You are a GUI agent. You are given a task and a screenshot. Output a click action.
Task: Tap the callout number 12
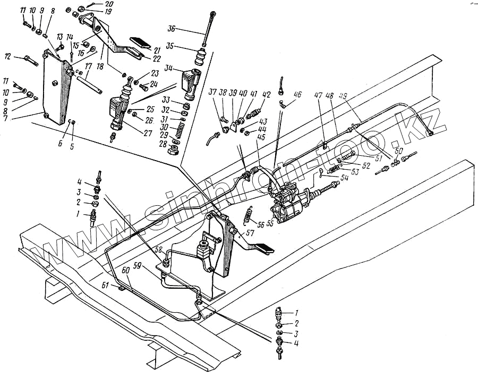point(8,56)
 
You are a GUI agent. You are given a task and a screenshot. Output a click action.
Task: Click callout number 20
point(109,4)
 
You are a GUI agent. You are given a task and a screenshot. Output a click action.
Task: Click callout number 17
point(88,67)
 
